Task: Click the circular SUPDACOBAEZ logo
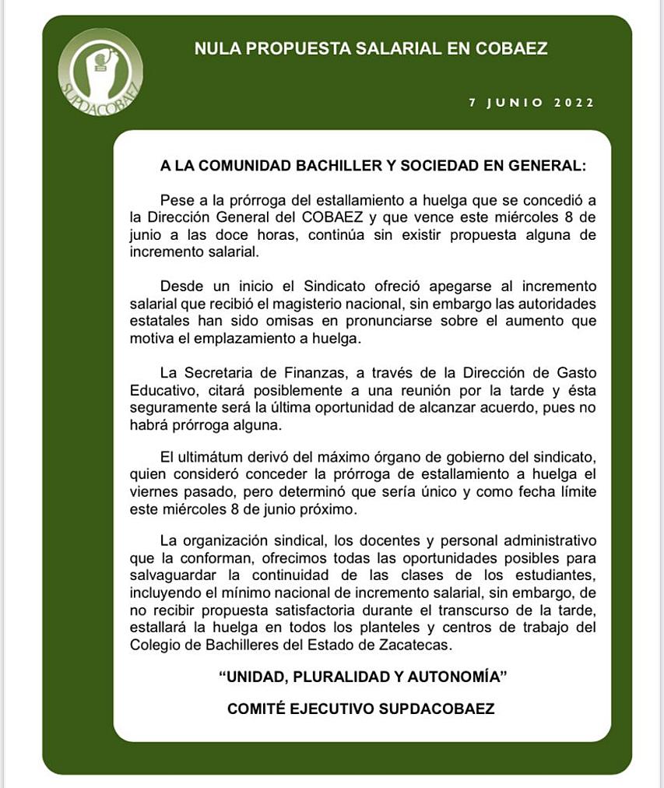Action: click(100, 72)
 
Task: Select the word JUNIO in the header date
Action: click(518, 103)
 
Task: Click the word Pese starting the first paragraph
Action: click(176, 202)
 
